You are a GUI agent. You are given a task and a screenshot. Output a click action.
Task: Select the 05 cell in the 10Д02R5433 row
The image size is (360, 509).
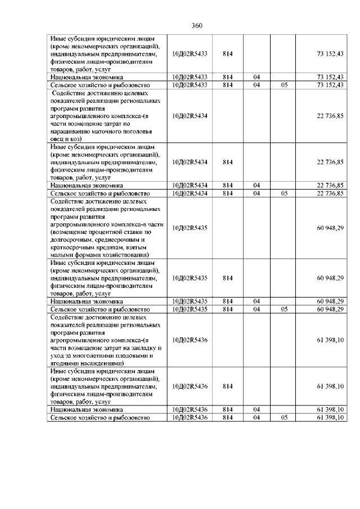coord(284,84)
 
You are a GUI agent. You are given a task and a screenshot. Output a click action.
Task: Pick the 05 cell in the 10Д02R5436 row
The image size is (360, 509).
coord(284,418)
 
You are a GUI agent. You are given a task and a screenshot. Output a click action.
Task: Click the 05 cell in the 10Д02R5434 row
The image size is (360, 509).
coord(284,193)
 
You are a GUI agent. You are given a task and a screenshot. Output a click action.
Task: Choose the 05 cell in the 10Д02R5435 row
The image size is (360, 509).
coord(284,309)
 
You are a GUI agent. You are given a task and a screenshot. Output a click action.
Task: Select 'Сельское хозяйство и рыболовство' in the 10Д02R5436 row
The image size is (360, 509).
coord(100,418)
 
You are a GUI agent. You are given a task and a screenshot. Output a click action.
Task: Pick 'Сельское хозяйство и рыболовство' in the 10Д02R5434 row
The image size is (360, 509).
coord(100,193)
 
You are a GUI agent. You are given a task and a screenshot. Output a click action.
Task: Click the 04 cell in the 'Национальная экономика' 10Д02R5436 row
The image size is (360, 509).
coord(256,410)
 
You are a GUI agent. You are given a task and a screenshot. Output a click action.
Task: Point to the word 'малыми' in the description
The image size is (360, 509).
coord(61,254)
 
